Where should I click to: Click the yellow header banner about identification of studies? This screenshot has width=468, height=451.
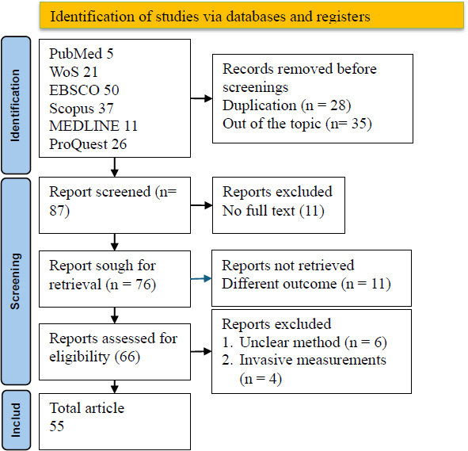[x=251, y=16]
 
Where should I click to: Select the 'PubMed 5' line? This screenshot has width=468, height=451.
[x=82, y=54]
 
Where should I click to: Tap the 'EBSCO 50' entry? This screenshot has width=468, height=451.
[x=84, y=90]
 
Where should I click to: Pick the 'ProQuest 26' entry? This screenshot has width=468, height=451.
[x=88, y=144]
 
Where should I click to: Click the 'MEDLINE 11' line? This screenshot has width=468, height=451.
[x=93, y=126]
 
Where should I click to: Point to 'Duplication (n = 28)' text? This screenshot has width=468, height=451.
[x=287, y=105]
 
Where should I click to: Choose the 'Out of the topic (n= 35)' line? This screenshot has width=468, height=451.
[x=297, y=124]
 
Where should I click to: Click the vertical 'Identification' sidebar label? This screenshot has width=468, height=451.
[x=15, y=105]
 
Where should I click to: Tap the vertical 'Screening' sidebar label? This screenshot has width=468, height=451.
[x=15, y=281]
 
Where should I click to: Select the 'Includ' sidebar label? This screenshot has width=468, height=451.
[x=16, y=420]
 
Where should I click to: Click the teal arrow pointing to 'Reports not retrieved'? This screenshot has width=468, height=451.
[x=201, y=279]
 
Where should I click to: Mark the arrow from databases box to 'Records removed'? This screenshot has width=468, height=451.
[x=201, y=98]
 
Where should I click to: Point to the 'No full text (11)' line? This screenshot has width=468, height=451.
[x=273, y=211]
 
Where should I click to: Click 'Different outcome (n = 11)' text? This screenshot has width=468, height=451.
[x=306, y=284]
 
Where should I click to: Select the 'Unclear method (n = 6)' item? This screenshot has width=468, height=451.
[x=313, y=342]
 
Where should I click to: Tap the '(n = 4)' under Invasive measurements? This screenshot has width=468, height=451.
[x=261, y=379]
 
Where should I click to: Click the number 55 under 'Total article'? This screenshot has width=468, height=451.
[x=57, y=426]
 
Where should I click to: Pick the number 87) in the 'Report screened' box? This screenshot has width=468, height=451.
[x=59, y=211]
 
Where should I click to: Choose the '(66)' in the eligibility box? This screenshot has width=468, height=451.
[x=127, y=357]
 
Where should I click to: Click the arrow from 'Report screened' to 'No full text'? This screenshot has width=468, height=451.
[x=201, y=205]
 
